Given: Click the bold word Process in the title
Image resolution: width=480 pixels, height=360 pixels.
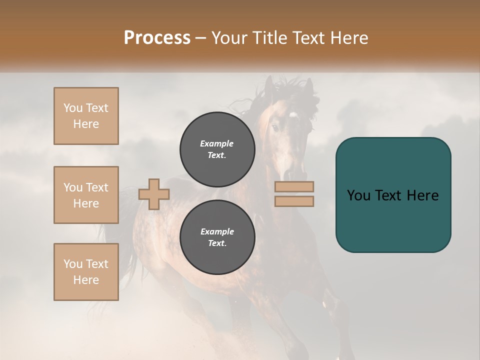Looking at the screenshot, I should [157, 38].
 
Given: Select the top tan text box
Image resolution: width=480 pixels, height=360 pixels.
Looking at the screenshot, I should [86, 116].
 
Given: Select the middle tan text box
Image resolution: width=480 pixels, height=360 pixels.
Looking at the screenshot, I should [86, 195].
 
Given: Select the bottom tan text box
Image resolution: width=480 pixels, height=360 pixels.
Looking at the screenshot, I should [86, 272].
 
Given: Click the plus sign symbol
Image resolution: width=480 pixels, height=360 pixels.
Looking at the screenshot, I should [154, 194].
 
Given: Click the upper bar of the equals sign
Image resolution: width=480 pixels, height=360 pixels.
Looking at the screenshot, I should [294, 186].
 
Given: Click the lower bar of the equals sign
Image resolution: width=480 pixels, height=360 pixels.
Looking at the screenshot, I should [294, 201].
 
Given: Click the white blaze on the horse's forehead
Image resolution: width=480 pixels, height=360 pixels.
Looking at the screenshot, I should [293, 115].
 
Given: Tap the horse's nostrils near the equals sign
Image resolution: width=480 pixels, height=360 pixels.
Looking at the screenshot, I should [289, 174].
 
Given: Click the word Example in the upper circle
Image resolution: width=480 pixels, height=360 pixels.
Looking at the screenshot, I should [217, 143].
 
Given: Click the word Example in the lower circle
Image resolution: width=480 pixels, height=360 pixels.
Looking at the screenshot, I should [217, 231].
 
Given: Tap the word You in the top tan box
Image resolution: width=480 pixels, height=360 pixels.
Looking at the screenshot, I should [73, 108].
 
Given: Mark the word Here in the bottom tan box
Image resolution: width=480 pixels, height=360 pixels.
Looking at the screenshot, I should [86, 280].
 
